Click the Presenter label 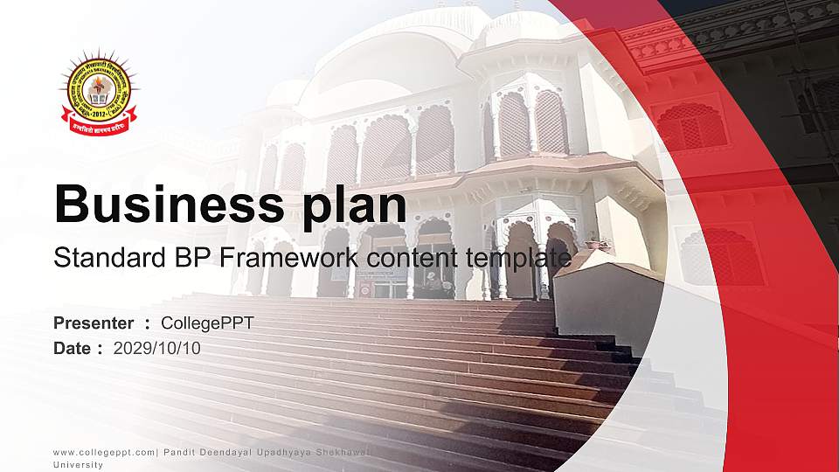click(94, 323)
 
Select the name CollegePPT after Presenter click(207, 323)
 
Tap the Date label click(73, 348)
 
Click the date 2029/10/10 click(157, 348)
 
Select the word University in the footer click(78, 465)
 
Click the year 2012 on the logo click(99, 114)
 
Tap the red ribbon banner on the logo click(98, 128)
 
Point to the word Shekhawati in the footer click(345, 451)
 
